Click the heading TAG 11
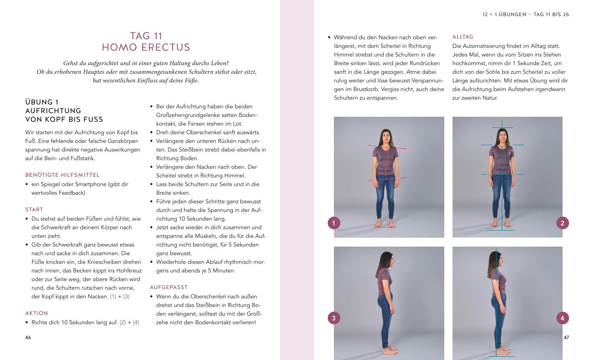(x=146, y=36)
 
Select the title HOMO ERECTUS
(x=146, y=47)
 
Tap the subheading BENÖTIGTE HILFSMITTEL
(x=62, y=175)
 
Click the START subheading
(x=34, y=209)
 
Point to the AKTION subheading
(x=37, y=313)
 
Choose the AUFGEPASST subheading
(x=169, y=287)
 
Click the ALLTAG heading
(x=463, y=37)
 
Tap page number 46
(x=28, y=337)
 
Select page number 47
(x=566, y=337)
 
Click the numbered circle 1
(x=334, y=223)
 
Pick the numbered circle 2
(x=563, y=223)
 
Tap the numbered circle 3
(x=334, y=318)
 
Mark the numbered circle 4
(x=563, y=318)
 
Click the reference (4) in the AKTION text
(x=136, y=323)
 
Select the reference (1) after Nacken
(x=113, y=297)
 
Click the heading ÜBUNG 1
(x=42, y=102)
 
